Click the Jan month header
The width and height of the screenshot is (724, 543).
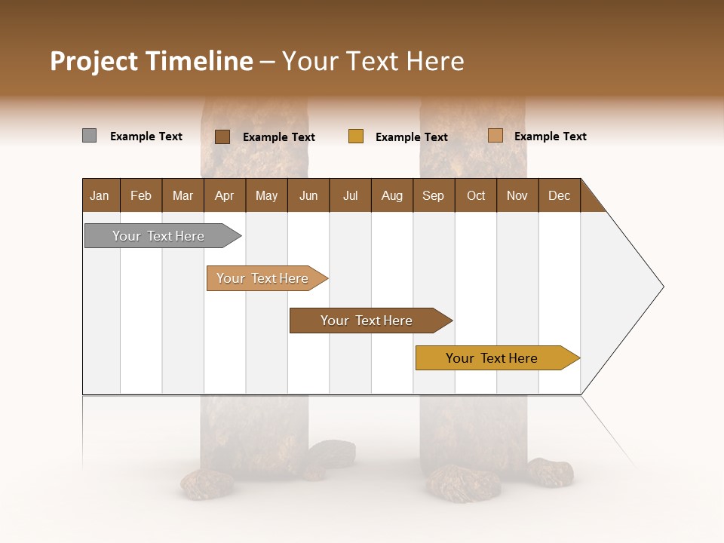click(100, 195)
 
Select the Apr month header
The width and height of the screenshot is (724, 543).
click(225, 195)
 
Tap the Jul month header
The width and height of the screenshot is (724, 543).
click(351, 195)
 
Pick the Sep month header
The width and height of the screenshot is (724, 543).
click(434, 195)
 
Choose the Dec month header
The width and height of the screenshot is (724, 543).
click(559, 195)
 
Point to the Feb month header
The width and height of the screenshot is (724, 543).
click(141, 195)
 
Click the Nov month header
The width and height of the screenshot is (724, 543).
click(517, 195)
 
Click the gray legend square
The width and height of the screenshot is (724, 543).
click(89, 136)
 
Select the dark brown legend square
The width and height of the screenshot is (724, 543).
click(222, 137)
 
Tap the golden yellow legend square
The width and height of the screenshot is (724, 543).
click(356, 137)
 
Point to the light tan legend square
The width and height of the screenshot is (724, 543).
click(495, 136)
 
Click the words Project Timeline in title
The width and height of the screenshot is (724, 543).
click(152, 61)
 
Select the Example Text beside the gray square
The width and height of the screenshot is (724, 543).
click(146, 137)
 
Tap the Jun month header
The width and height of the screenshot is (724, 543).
click(308, 195)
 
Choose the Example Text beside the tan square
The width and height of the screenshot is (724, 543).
click(551, 137)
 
